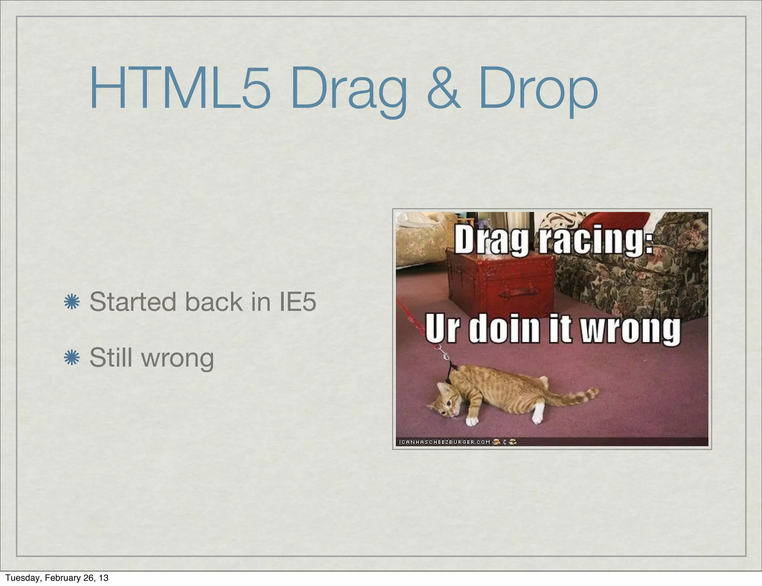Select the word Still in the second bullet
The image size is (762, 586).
point(111,357)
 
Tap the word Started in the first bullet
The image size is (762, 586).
point(132,302)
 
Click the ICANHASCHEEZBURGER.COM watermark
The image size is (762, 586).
point(444,442)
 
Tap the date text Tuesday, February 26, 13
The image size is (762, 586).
point(57,577)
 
